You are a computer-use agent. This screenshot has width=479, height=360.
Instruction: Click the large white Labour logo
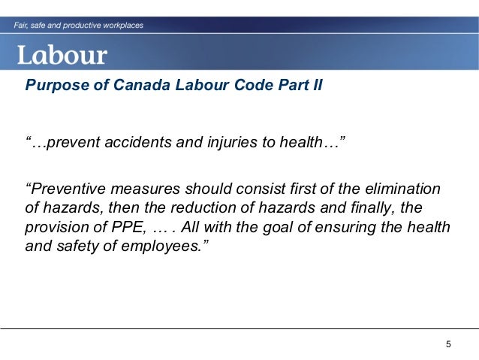[63, 55]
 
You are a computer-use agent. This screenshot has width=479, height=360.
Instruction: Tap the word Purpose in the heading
[52, 83]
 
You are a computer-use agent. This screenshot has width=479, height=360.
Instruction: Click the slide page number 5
[448, 344]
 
